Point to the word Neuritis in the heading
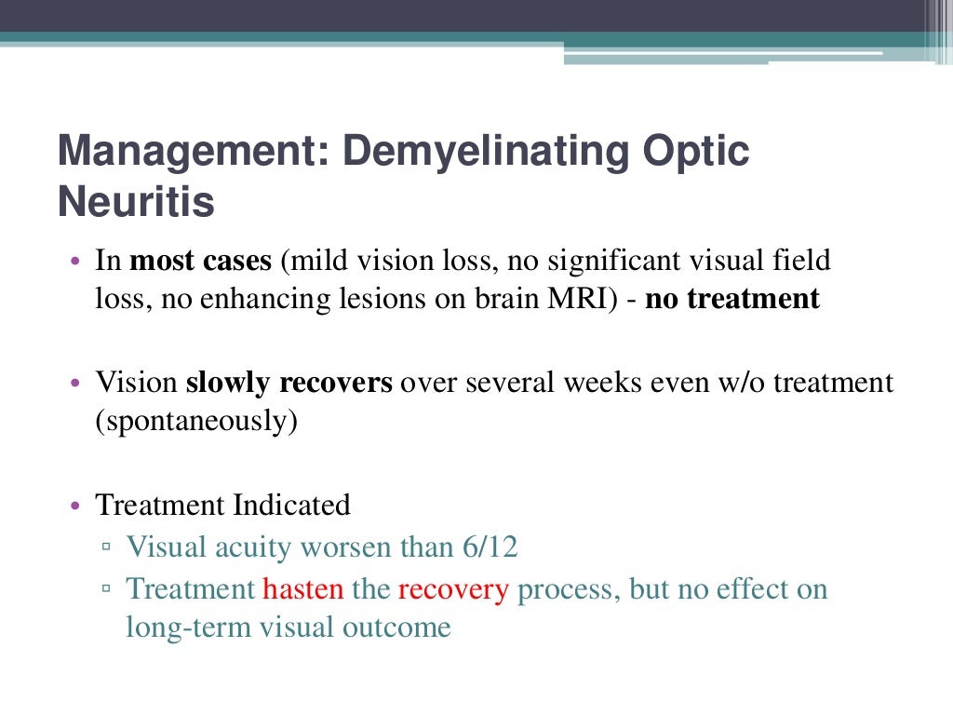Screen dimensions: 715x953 (x=136, y=202)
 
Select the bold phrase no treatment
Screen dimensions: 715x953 (x=732, y=300)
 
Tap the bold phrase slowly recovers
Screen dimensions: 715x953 (x=289, y=383)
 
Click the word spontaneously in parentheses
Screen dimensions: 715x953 (x=196, y=422)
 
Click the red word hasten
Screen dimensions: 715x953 (x=303, y=589)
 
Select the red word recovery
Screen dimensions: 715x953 (x=453, y=589)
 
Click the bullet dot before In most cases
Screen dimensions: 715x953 (x=76, y=262)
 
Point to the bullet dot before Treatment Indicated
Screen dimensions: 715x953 (x=76, y=506)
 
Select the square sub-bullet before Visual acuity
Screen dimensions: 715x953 (x=108, y=547)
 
